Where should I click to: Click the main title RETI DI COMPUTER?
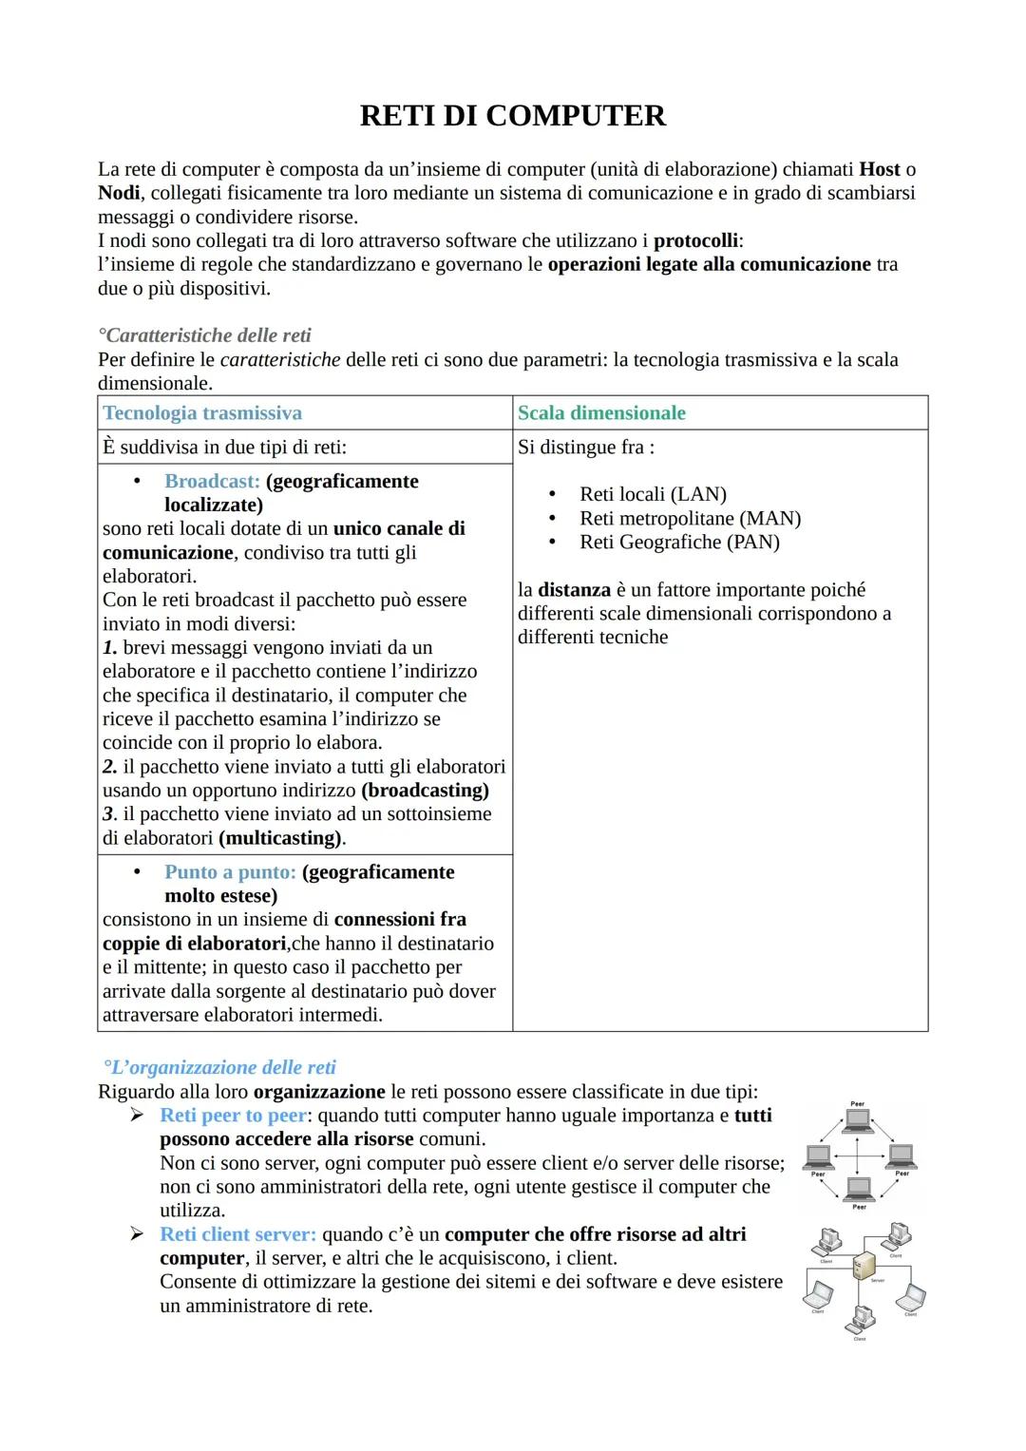[x=513, y=116]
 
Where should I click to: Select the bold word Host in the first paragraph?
[x=879, y=169]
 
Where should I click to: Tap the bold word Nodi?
[x=119, y=193]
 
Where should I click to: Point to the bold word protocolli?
[x=695, y=240]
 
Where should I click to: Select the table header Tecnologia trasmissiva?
[x=202, y=413]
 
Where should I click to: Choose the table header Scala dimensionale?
[x=601, y=413]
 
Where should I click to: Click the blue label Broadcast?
[x=212, y=482]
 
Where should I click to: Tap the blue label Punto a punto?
[x=230, y=872]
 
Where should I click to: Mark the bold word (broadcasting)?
[x=425, y=791]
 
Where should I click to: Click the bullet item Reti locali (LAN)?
[x=653, y=494]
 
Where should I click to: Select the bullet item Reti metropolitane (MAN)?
[x=690, y=519]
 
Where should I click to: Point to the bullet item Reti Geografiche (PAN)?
[x=679, y=543]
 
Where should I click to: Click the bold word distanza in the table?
[x=574, y=590]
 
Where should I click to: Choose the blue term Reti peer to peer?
[x=234, y=1116]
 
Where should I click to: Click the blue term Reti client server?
[x=237, y=1234]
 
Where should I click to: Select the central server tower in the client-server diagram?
[x=864, y=1266]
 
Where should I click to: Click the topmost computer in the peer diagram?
[x=858, y=1120]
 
